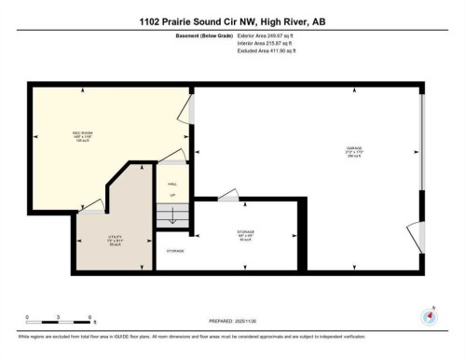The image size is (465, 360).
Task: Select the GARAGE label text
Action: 353,146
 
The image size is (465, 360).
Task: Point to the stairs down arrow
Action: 171,215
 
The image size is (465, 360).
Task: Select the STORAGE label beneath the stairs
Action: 174,251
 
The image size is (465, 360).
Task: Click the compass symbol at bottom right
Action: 430,315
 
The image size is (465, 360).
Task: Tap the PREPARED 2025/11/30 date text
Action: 232,322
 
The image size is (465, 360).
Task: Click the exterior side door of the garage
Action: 418,237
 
